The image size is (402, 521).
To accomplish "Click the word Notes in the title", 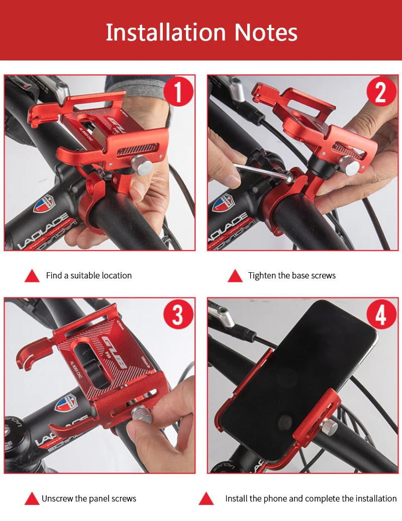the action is click(x=266, y=33).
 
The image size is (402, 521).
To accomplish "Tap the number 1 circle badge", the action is click(x=178, y=92).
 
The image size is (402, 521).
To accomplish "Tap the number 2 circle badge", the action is click(x=381, y=92).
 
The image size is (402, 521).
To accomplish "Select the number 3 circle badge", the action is click(x=178, y=315).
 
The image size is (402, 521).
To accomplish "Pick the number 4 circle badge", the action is click(x=381, y=315).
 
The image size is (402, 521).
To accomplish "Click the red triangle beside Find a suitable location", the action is click(x=32, y=276).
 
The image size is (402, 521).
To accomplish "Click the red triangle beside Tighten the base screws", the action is click(x=235, y=276).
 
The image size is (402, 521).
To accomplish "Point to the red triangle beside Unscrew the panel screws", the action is click(x=32, y=498).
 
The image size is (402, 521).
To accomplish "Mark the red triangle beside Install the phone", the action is click(x=206, y=498).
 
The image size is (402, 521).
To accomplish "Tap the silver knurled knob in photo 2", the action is click(x=349, y=165).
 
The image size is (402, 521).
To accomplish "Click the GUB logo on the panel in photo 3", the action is click(x=115, y=353).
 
